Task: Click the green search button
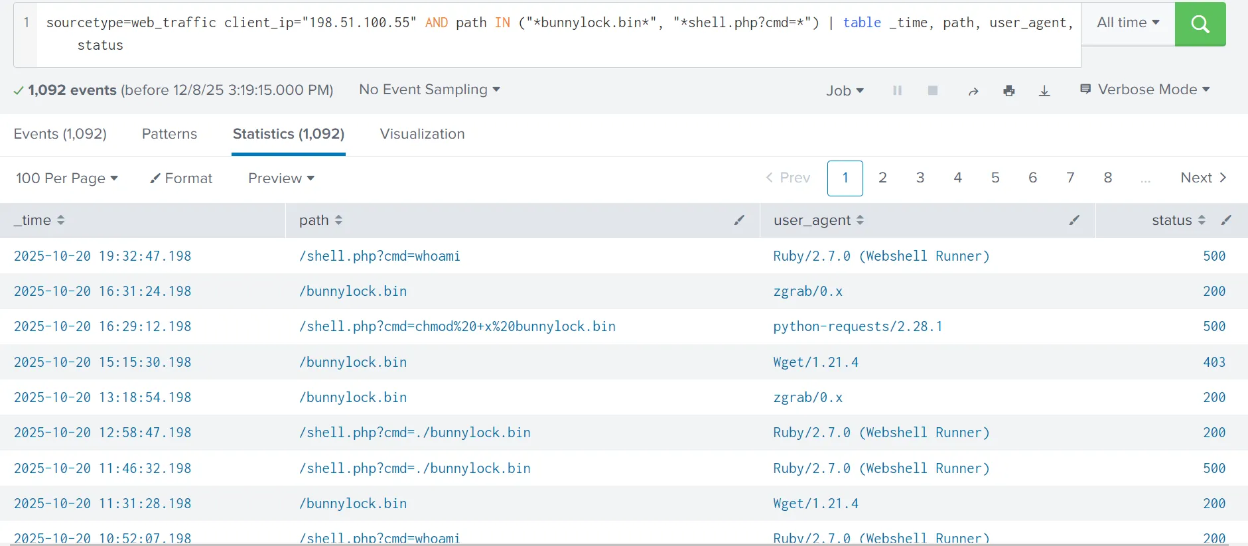(1200, 24)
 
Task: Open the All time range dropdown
(1128, 23)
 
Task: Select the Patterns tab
(169, 134)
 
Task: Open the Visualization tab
(422, 134)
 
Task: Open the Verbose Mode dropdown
(1145, 90)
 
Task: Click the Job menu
(845, 91)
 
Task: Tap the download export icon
(1044, 91)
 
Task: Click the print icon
(1009, 91)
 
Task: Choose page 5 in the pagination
(995, 178)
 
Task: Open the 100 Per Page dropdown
(67, 178)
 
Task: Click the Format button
(181, 178)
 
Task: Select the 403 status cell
(1214, 362)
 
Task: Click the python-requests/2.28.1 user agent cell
(857, 326)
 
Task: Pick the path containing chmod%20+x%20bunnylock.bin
(457, 326)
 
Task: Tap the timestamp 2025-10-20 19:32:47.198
(102, 256)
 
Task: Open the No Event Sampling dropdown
(429, 90)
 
